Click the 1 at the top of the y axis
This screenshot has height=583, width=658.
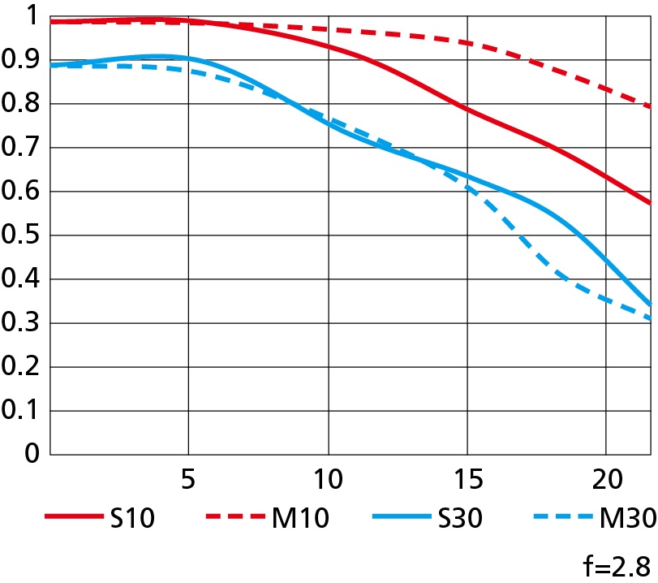tap(32, 15)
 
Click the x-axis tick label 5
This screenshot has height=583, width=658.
tap(188, 480)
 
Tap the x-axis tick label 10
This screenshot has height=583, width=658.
tap(327, 480)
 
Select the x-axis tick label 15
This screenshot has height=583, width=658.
tap(466, 480)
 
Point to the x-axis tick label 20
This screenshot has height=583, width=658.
tap(605, 480)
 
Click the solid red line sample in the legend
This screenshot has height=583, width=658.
tap(71, 516)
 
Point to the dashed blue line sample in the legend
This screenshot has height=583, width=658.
tap(563, 516)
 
